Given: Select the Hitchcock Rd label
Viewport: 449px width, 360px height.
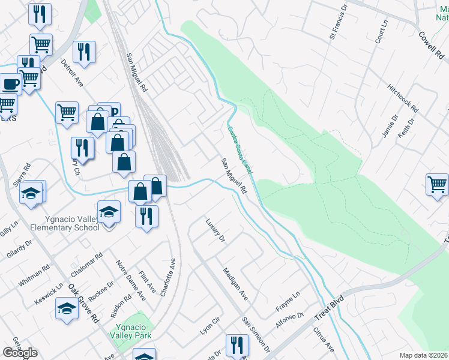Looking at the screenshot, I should tap(403, 97).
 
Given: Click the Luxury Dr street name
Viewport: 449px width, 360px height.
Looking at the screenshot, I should tap(214, 230).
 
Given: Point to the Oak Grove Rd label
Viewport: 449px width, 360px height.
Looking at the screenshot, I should tap(83, 304).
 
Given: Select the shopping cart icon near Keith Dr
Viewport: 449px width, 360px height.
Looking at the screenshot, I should tap(437, 185).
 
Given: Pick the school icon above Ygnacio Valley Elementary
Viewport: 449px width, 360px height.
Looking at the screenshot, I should tap(109, 212).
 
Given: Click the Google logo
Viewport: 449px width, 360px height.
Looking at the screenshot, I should tap(20, 353).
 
